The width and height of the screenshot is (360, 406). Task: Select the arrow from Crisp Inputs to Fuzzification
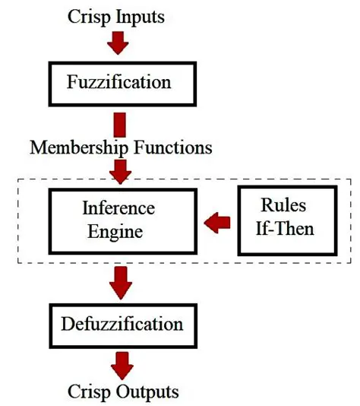click(x=118, y=43)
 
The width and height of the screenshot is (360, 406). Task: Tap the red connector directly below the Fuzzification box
click(x=118, y=123)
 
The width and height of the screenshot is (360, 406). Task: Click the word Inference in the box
click(x=118, y=208)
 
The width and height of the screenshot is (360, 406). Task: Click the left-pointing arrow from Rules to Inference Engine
click(x=217, y=222)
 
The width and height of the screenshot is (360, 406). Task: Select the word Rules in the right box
click(x=283, y=206)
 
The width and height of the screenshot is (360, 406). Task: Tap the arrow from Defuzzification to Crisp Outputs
click(x=119, y=364)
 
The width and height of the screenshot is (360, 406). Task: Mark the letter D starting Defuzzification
click(x=65, y=325)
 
